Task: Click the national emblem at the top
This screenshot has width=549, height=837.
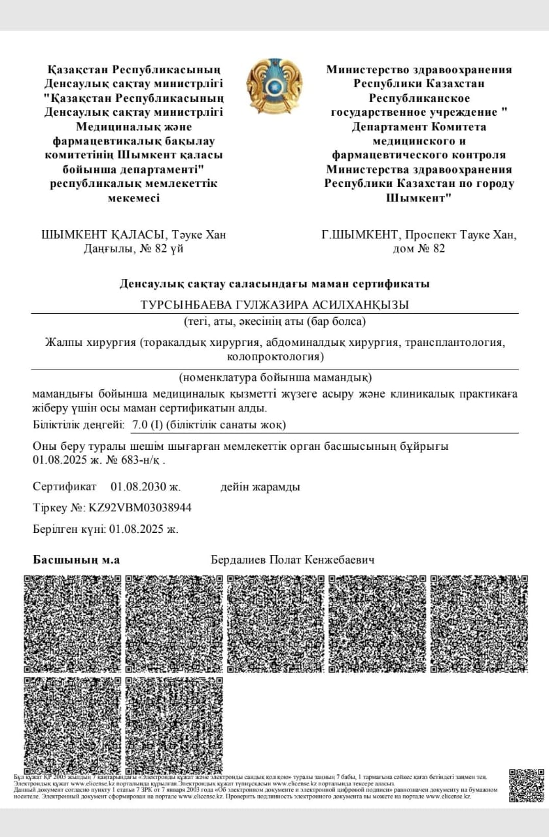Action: pos(274,86)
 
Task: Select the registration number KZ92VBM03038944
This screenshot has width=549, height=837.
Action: pos(139,507)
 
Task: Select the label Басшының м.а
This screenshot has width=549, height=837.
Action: pos(77,560)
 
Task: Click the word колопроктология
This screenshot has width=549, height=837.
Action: pos(275,357)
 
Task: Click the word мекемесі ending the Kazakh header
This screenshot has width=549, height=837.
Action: pos(133,197)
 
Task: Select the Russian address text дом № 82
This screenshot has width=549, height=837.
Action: pos(419,248)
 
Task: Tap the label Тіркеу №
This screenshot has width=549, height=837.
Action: pos(59,507)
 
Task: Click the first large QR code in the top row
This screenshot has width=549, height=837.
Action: pos(73,624)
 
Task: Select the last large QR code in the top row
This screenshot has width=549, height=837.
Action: pos(478,624)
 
